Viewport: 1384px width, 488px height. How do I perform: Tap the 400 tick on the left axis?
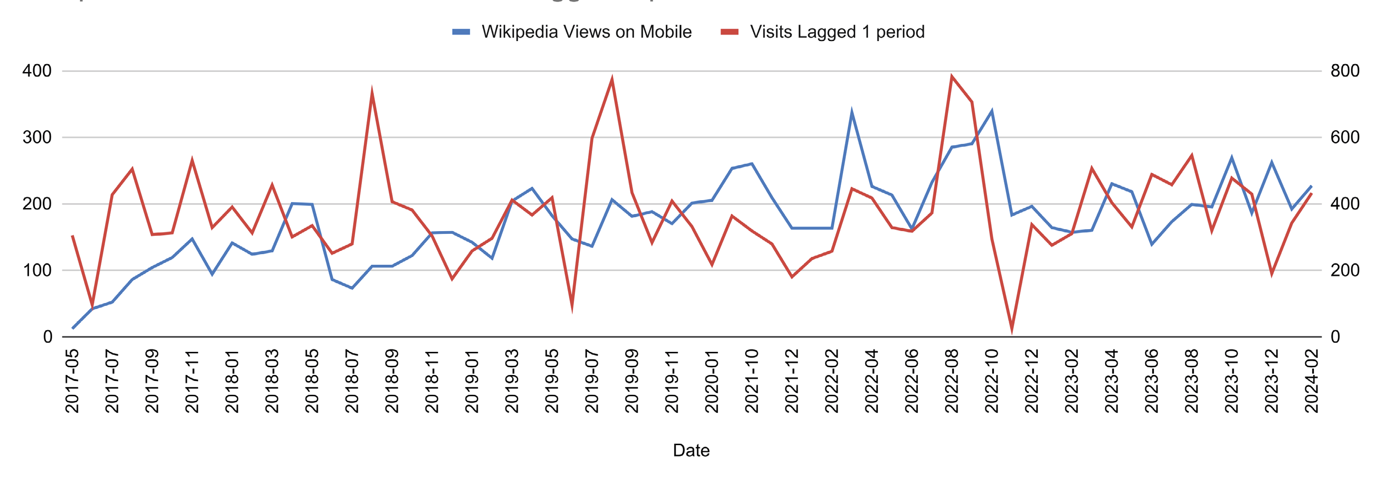point(37,71)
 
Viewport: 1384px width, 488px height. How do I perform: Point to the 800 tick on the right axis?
point(1345,71)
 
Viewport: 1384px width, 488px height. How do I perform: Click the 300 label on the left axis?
point(37,137)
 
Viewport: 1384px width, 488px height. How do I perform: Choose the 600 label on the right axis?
point(1345,137)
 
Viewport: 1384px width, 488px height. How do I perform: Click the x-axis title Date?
point(691,450)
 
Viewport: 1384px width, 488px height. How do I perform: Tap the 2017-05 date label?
point(72,381)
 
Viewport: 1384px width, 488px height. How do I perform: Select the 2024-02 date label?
point(1312,381)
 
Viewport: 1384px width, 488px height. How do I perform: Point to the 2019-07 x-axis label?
point(591,381)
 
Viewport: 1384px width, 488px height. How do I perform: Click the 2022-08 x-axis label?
point(952,381)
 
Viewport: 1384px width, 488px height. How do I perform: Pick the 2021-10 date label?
point(751,381)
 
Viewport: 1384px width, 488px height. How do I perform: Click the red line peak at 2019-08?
point(612,79)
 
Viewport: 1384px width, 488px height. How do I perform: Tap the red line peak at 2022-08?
point(952,76)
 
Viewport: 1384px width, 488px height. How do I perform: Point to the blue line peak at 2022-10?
point(992,111)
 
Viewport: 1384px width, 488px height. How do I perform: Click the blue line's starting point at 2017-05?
point(72,328)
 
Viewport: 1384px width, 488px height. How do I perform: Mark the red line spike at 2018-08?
point(372,92)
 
